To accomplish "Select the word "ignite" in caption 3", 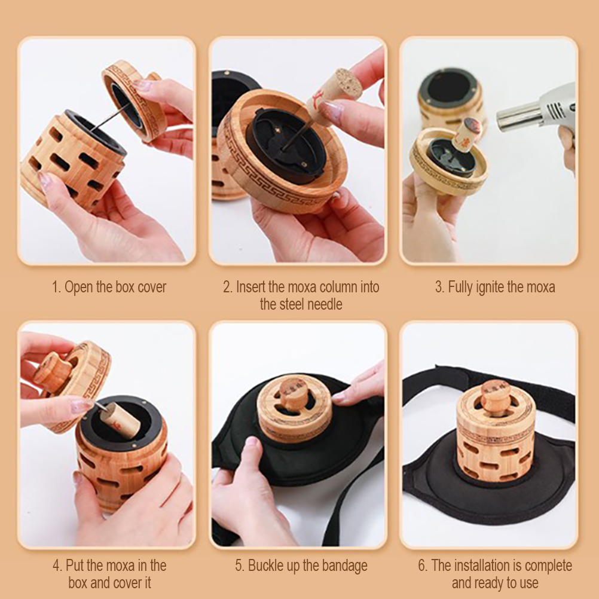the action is (x=490, y=287).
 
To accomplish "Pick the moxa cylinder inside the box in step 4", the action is (x=121, y=421).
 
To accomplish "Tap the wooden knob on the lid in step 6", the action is (x=495, y=395).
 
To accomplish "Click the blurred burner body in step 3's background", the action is (x=450, y=99).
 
